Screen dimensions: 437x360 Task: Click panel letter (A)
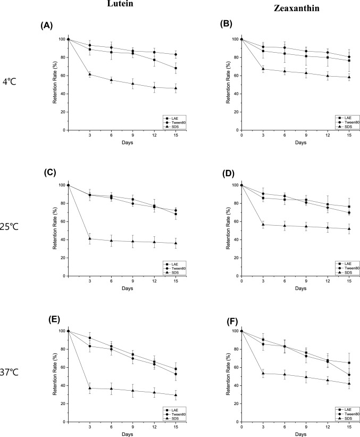coord(47,26)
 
